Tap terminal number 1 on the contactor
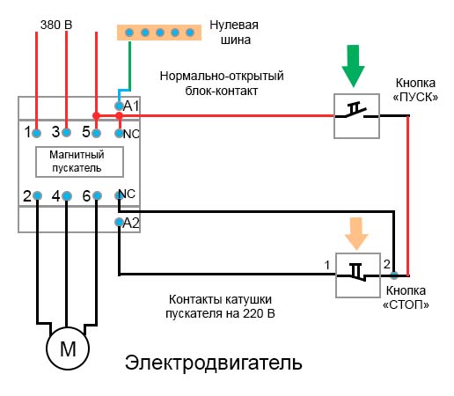[x=28, y=133]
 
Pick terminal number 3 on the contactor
[x=57, y=133]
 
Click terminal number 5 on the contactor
[x=85, y=133]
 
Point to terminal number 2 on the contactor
[x=28, y=195]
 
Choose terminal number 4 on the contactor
[x=57, y=195]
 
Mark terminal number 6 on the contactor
[x=86, y=195]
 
